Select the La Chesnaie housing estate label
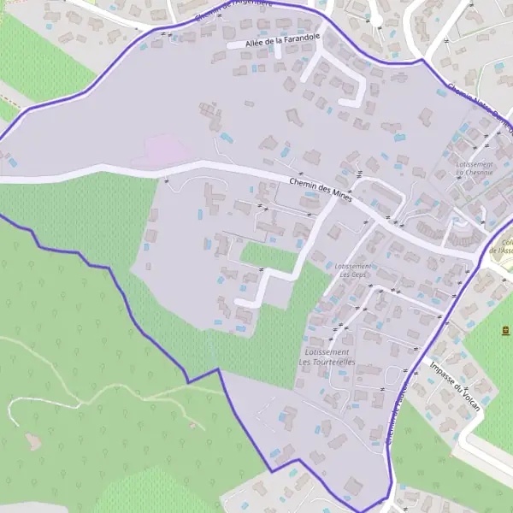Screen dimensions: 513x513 [471, 172]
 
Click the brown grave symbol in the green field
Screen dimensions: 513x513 [505, 329]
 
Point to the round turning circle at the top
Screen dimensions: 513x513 [375, 19]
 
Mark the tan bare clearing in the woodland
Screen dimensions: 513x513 [33, 441]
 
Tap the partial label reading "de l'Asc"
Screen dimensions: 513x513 [500, 251]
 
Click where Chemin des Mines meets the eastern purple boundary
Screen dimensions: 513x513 [477, 256]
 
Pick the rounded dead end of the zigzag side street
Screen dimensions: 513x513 [242, 304]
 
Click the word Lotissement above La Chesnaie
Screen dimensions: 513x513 [475, 163]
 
